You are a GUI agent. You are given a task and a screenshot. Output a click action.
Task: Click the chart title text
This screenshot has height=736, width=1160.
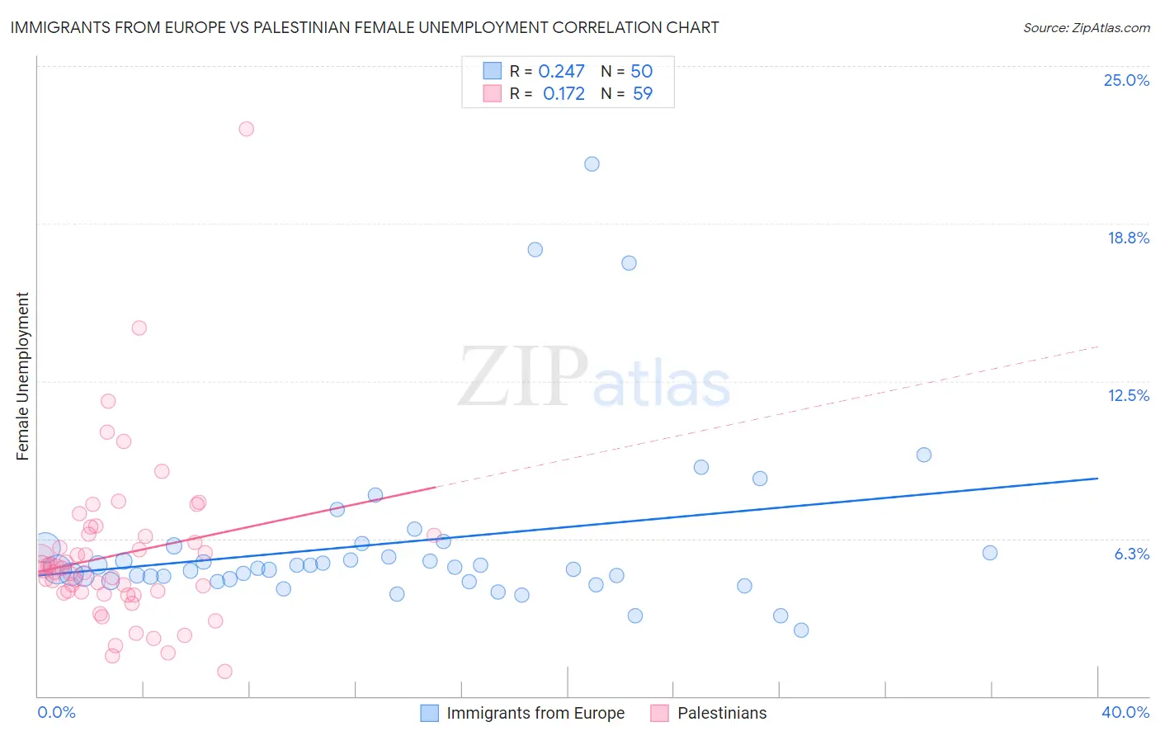[x=365, y=28]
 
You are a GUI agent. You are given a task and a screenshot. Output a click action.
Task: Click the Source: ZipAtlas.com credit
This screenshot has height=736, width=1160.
[x=1086, y=28]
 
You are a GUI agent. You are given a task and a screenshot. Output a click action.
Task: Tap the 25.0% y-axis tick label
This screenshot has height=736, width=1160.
[x=1126, y=80]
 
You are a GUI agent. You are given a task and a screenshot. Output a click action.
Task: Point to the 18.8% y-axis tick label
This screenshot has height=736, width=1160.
[x=1128, y=238]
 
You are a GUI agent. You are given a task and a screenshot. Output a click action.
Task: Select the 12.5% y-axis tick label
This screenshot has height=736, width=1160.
[x=1128, y=395]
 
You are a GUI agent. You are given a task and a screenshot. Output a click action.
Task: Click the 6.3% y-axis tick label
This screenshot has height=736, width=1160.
[x=1131, y=554]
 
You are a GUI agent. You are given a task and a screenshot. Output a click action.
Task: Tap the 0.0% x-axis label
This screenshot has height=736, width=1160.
[x=56, y=712]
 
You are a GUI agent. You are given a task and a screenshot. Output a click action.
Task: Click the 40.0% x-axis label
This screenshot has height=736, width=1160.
[x=1125, y=712]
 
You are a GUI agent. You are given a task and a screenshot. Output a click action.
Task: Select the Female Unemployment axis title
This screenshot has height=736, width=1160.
[x=23, y=376]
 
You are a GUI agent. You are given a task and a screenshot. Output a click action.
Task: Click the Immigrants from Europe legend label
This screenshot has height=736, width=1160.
[x=535, y=713]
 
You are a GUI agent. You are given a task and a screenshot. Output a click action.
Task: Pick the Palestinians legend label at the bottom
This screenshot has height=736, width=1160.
[x=722, y=713]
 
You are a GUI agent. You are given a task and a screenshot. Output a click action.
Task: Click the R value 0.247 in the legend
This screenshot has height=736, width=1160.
[x=561, y=72]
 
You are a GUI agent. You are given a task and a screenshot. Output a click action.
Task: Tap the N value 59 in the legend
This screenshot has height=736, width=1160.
[x=642, y=94]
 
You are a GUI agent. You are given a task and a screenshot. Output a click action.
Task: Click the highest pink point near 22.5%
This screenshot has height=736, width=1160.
[x=246, y=129]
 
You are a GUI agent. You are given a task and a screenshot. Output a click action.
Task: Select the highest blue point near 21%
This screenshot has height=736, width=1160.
[x=592, y=164]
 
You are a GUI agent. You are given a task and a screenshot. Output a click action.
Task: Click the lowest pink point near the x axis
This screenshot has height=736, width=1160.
[x=224, y=672]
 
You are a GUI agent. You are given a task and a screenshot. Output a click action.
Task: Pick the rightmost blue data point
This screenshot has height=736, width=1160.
[x=990, y=553]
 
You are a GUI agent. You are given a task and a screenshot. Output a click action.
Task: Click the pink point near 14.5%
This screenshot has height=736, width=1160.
[x=139, y=328]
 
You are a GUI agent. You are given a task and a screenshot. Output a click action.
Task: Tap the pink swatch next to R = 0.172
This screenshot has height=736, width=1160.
[x=493, y=93]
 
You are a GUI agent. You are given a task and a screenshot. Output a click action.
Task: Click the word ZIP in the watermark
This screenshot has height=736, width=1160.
[x=522, y=378]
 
